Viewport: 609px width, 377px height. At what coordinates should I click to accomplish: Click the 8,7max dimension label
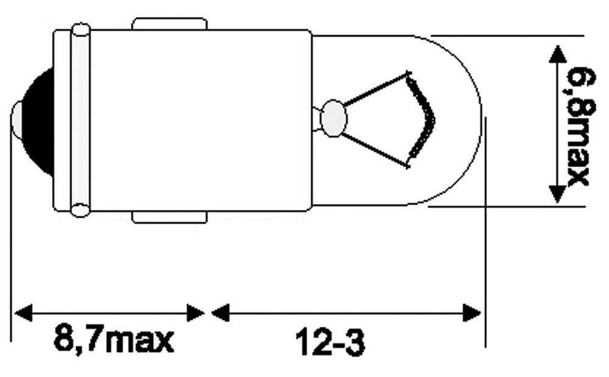tap(114, 339)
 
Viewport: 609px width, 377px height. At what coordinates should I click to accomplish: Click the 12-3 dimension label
tap(331, 342)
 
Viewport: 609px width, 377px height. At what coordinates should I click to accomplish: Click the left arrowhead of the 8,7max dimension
tap(23, 312)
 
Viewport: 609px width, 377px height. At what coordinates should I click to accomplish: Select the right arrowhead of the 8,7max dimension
tap(195, 312)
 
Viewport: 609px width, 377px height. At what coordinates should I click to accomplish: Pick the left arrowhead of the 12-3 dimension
tap(220, 312)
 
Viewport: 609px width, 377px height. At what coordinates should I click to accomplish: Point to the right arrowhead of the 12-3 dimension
tap(472, 312)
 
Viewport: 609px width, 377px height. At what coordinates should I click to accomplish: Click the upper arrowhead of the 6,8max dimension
tap(557, 54)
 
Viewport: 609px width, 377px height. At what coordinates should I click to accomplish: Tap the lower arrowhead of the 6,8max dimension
tap(557, 194)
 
